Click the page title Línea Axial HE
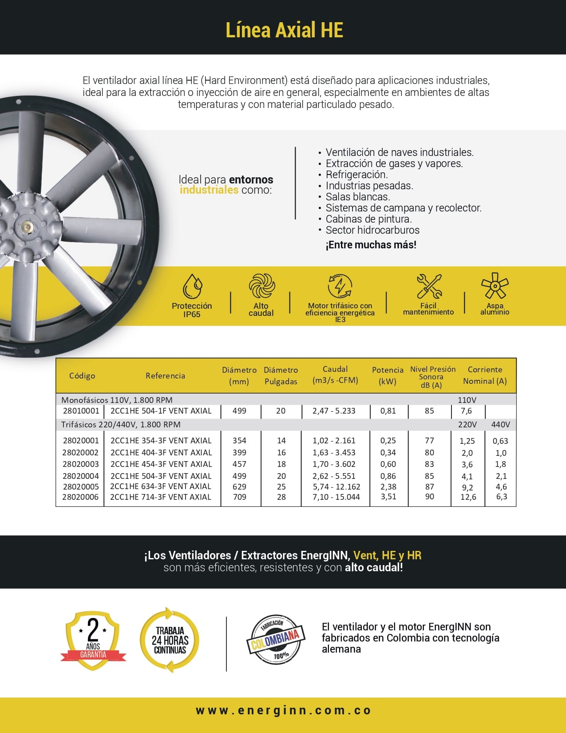pyautogui.click(x=284, y=30)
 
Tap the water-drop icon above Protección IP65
pyautogui.click(x=192, y=286)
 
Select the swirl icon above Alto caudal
pyautogui.click(x=261, y=286)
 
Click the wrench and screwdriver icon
pyautogui.click(x=429, y=286)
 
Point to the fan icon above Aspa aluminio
pyautogui.click(x=495, y=286)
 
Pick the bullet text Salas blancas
pyautogui.click(x=357, y=197)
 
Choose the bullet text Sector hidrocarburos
pyautogui.click(x=372, y=230)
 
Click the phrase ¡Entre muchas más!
pyautogui.click(x=371, y=245)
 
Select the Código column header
pyautogui.click(x=82, y=376)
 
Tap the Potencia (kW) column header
pyautogui.click(x=388, y=375)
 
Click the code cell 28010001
pyautogui.click(x=81, y=411)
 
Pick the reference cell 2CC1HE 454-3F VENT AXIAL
pyautogui.click(x=161, y=464)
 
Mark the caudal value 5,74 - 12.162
pyautogui.click(x=336, y=487)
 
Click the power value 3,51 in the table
pyautogui.click(x=388, y=497)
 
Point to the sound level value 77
pyautogui.click(x=429, y=441)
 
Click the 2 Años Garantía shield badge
pyautogui.click(x=93, y=640)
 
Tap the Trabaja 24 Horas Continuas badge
pyautogui.click(x=170, y=640)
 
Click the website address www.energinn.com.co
pyautogui.click(x=283, y=710)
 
